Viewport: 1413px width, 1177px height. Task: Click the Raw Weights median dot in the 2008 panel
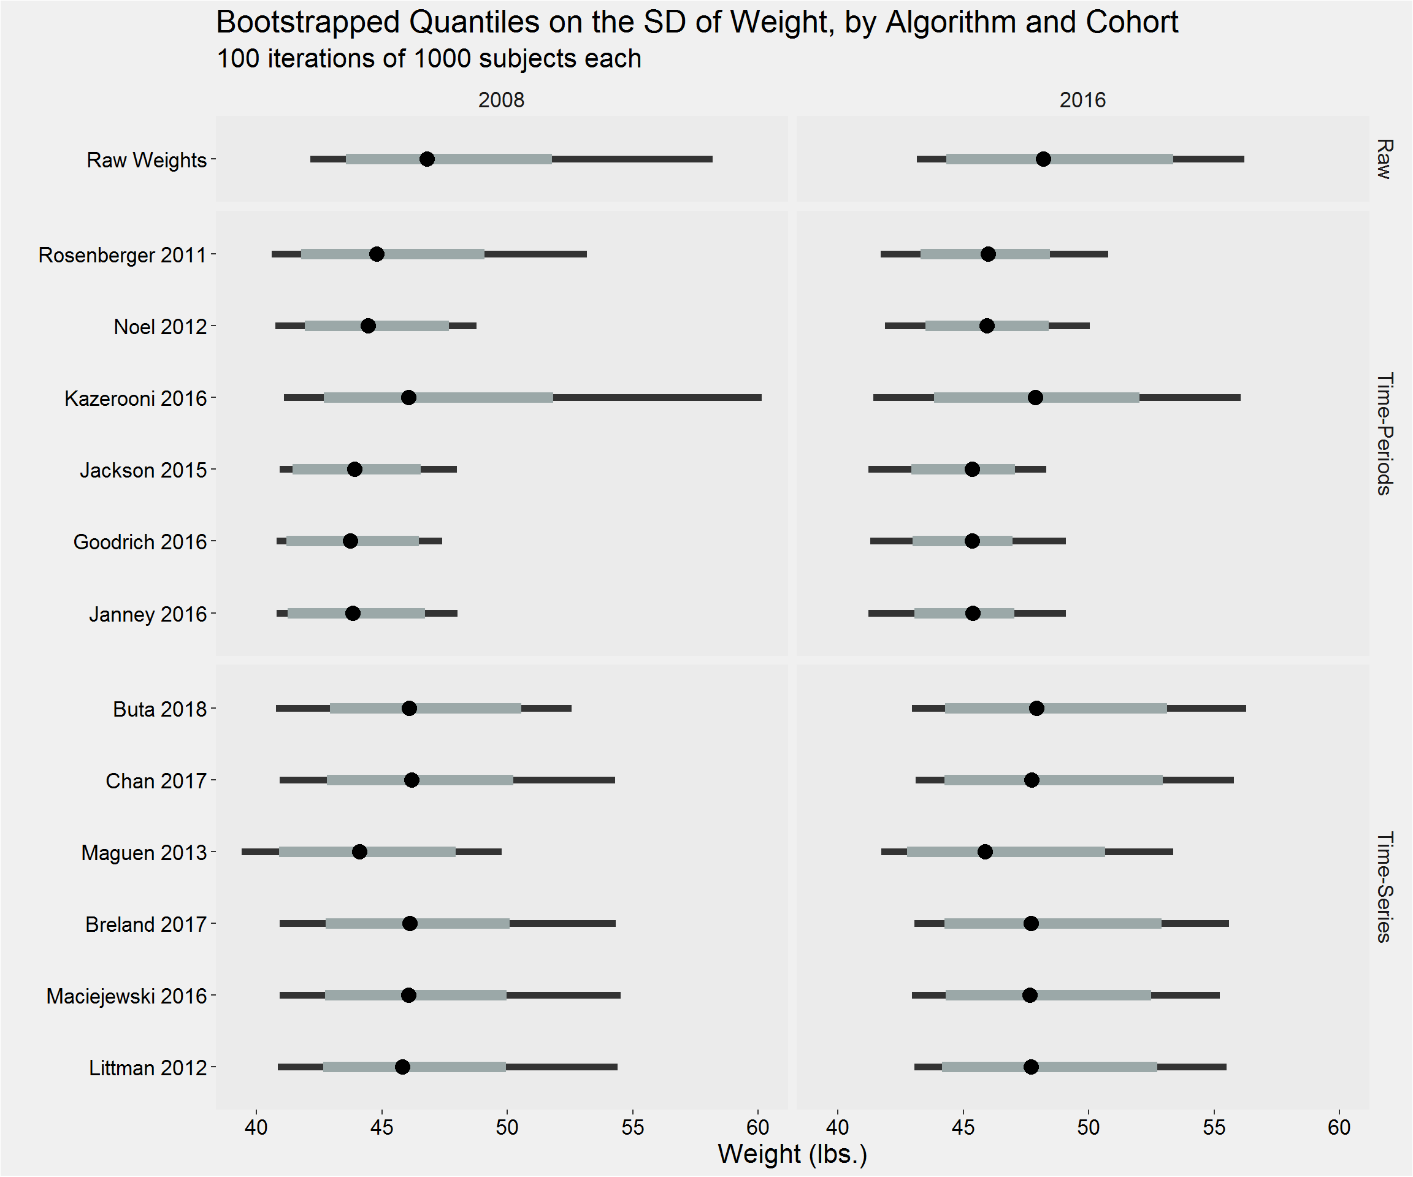point(427,159)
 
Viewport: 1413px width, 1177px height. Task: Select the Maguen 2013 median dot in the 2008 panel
point(359,852)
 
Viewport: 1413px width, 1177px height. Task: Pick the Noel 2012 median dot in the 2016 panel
point(986,326)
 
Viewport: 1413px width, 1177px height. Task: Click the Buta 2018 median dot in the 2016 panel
point(1036,708)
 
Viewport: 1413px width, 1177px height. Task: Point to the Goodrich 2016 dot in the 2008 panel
point(350,541)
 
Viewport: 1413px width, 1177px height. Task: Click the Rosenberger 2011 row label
point(122,256)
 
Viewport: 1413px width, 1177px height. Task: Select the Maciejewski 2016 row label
point(126,996)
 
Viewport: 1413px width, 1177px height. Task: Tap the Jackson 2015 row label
point(143,470)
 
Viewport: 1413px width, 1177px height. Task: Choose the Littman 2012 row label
point(147,1068)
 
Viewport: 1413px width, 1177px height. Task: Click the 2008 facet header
point(500,100)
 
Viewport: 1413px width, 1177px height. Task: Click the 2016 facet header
point(1082,100)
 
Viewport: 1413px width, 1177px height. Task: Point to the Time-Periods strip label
point(1384,433)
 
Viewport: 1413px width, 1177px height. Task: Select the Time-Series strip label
point(1384,886)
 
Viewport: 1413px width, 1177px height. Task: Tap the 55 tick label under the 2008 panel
point(632,1127)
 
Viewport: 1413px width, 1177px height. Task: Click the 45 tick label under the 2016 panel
point(963,1127)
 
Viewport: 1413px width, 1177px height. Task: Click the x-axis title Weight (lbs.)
point(792,1154)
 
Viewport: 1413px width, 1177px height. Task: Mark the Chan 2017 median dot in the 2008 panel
point(412,780)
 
